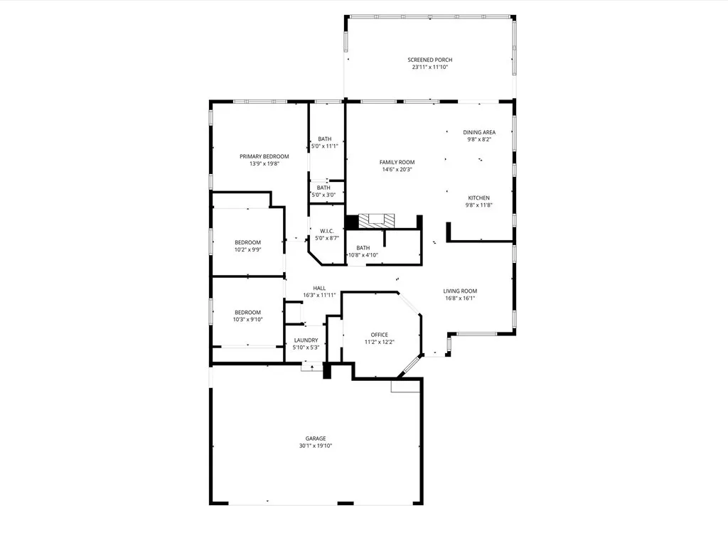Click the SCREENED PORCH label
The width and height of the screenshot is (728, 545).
coord(430,60)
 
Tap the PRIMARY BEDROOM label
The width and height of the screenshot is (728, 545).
coord(264,156)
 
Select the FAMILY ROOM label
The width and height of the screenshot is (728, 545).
coord(397,162)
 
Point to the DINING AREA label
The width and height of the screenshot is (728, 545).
coord(479,132)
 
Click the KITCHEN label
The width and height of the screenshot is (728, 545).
coord(478,198)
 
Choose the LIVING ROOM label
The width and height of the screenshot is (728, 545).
coord(460,291)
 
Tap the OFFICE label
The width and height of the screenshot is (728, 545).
coord(380,335)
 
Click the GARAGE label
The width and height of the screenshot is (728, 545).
coord(316,438)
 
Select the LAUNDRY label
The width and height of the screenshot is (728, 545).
coord(306,340)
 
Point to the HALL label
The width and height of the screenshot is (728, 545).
coord(319,288)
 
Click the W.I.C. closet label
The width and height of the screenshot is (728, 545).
coord(327,231)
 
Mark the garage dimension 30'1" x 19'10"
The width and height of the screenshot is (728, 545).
coord(316,446)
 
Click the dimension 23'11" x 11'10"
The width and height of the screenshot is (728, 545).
coord(430,67)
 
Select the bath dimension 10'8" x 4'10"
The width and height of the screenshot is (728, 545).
coord(363,255)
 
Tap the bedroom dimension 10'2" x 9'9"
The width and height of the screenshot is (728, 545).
coord(248,249)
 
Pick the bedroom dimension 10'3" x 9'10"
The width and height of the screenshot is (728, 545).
coord(248,319)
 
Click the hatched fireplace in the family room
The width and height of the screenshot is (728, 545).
coord(376,221)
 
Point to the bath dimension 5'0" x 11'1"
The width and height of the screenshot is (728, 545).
coord(324,146)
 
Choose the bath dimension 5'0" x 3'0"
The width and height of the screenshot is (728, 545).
coord(323,195)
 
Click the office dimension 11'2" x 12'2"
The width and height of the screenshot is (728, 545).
coord(380,342)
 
